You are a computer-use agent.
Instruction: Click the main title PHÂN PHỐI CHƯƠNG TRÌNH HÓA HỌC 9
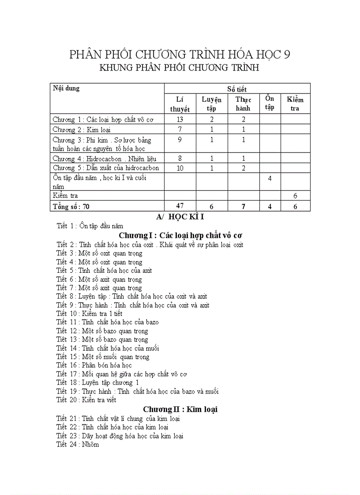180,55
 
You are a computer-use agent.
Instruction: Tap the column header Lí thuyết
180,104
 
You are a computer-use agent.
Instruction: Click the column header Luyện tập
211,104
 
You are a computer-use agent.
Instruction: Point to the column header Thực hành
243,104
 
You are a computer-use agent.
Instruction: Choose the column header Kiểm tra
295,104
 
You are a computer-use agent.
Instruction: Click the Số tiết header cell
237,89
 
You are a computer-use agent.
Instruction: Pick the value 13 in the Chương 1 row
180,119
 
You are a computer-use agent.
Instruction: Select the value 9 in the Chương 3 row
180,140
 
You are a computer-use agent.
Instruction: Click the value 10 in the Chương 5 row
180,168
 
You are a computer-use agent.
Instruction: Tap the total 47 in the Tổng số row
180,205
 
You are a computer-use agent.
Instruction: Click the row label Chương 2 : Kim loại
82,130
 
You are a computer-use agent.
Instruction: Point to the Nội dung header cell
66,88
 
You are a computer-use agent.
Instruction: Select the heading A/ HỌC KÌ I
180,217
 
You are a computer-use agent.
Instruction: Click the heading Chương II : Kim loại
180,409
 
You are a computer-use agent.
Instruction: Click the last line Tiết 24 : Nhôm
78,444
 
